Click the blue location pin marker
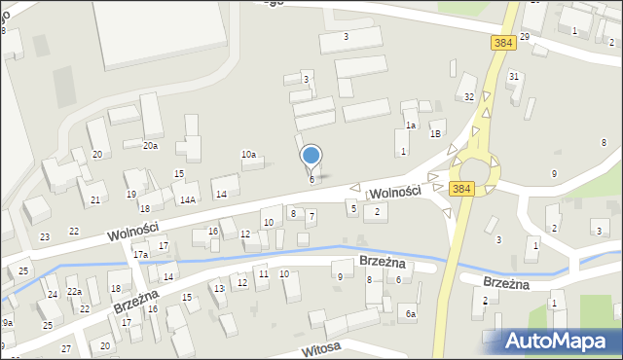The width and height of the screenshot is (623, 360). click(311, 157)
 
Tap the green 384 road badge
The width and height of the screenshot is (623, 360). click(502, 44)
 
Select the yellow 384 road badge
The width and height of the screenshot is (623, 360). click(461, 188)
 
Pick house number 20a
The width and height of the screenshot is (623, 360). click(150, 145)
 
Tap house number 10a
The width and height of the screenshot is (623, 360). click(249, 154)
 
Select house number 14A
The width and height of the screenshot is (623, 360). click(188, 199)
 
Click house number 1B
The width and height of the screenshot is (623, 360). click(436, 133)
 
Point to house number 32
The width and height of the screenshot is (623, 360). click(469, 96)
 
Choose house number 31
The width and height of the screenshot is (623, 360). click(514, 76)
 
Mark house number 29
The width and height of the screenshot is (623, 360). click(525, 36)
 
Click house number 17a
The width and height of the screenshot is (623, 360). click(141, 255)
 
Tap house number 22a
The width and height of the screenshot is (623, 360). click(74, 292)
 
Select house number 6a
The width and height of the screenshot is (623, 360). click(411, 313)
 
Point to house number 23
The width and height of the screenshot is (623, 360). click(45, 236)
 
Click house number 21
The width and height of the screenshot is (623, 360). click(95, 199)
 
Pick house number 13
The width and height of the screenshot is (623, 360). click(219, 289)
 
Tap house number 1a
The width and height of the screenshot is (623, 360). click(411, 125)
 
